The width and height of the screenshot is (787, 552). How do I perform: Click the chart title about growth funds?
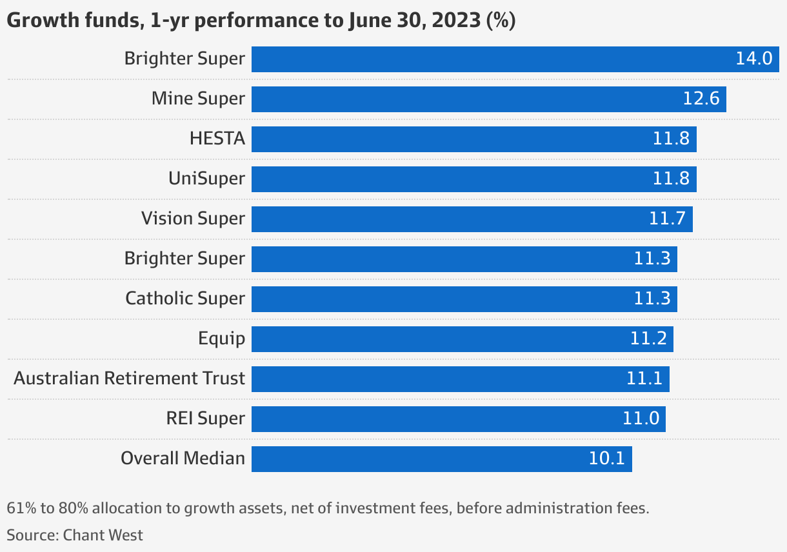pyautogui.click(x=261, y=20)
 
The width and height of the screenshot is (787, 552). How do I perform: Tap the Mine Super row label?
pyautogui.click(x=198, y=99)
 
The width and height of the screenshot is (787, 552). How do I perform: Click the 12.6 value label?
pyautogui.click(x=701, y=99)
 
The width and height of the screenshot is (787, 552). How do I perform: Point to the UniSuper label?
pyautogui.click(x=206, y=179)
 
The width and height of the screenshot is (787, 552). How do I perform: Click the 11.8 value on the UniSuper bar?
pyautogui.click(x=671, y=179)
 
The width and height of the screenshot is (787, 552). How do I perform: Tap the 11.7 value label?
pyautogui.click(x=667, y=219)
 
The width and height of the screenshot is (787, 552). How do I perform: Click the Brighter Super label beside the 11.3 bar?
pyautogui.click(x=184, y=259)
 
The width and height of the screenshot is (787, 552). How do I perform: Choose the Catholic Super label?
pyautogui.click(x=185, y=299)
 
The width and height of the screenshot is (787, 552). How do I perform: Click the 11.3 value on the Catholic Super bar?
pyautogui.click(x=652, y=299)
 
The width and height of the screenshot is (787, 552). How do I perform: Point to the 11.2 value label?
pyautogui.click(x=648, y=339)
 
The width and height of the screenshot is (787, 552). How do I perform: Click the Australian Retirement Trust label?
pyautogui.click(x=129, y=379)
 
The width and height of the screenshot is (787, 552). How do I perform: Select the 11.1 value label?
pyautogui.click(x=644, y=379)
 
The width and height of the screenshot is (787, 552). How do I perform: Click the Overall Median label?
pyautogui.click(x=183, y=458)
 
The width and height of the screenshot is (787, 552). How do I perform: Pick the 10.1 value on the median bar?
pyautogui.click(x=606, y=458)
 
